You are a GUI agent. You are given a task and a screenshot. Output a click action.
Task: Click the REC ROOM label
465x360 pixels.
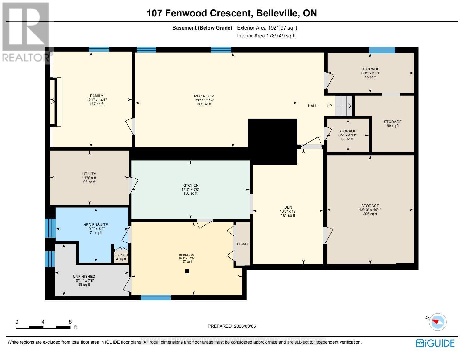[204, 96]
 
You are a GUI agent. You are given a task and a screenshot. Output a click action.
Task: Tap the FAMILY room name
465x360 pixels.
[96, 96]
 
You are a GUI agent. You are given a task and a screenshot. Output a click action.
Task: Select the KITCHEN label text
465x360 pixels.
[190, 185]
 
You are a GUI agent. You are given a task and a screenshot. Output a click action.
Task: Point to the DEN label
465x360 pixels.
[288, 207]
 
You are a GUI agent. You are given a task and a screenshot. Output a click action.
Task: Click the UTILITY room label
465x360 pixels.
[89, 174]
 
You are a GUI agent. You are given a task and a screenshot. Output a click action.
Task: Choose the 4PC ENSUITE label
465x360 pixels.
[96, 225]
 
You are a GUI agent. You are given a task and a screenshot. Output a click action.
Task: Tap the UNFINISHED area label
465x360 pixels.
[84, 277]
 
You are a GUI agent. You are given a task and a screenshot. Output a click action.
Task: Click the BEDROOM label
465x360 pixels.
[187, 255]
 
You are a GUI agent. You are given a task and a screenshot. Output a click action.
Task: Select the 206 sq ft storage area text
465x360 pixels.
[370, 214]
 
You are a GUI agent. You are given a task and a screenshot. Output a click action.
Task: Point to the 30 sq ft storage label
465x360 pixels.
[347, 139]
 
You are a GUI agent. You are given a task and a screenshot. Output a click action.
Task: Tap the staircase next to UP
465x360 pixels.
[343, 106]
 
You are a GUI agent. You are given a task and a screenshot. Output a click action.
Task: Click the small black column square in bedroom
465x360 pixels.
[187, 271]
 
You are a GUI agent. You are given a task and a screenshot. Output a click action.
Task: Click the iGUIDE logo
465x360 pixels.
[435, 343]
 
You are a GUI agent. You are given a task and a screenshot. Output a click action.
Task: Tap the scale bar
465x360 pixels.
[43, 327]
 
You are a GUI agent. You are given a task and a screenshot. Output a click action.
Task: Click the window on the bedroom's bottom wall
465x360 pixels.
[156, 298]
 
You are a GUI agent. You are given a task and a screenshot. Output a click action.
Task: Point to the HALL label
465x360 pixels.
[313, 106]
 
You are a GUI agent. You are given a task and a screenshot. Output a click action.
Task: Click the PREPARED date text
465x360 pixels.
[232, 326]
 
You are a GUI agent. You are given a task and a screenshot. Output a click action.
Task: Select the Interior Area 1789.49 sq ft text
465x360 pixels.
[266, 36]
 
